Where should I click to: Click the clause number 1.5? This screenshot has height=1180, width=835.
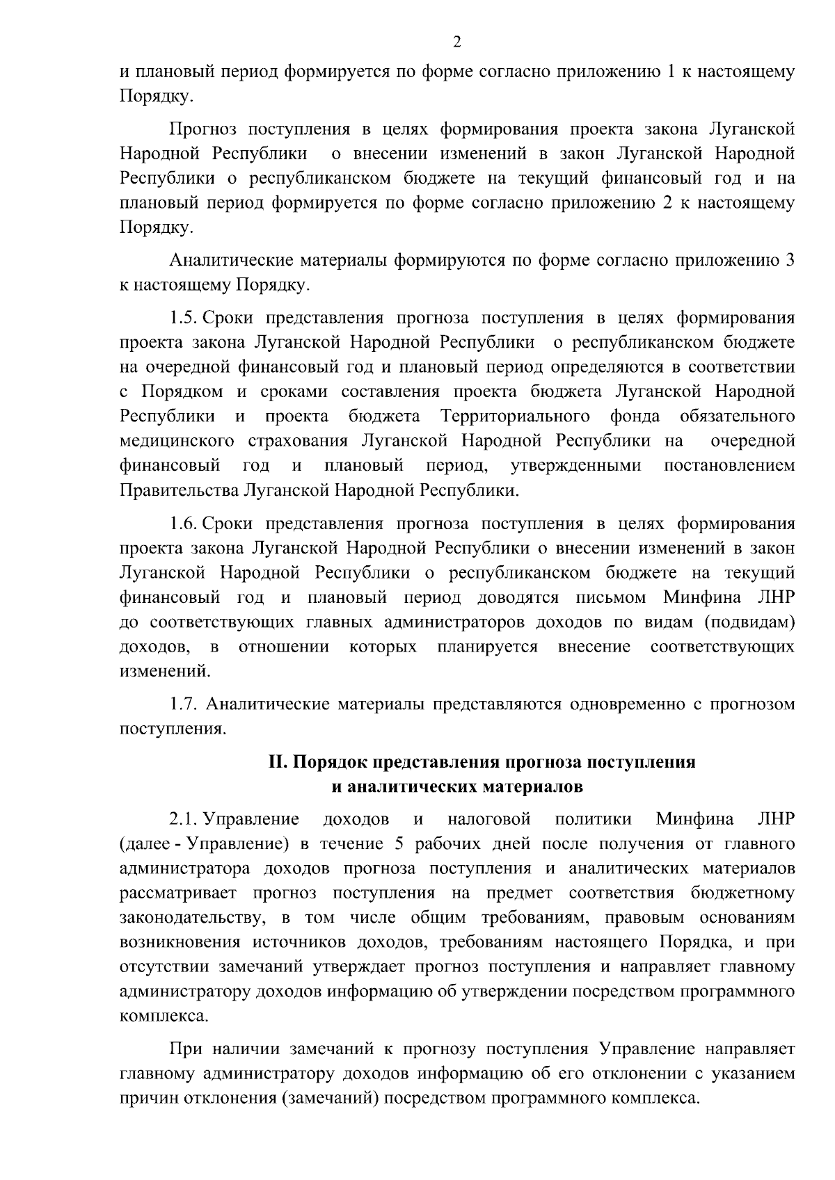tap(183, 318)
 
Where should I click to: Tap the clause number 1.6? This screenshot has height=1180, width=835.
tap(183, 524)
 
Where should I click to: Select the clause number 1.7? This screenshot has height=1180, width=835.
tap(184, 704)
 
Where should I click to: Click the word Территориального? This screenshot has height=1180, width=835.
tap(516, 416)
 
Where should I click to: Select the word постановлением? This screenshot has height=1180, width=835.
tap(729, 465)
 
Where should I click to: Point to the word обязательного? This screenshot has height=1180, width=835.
tap(737, 416)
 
